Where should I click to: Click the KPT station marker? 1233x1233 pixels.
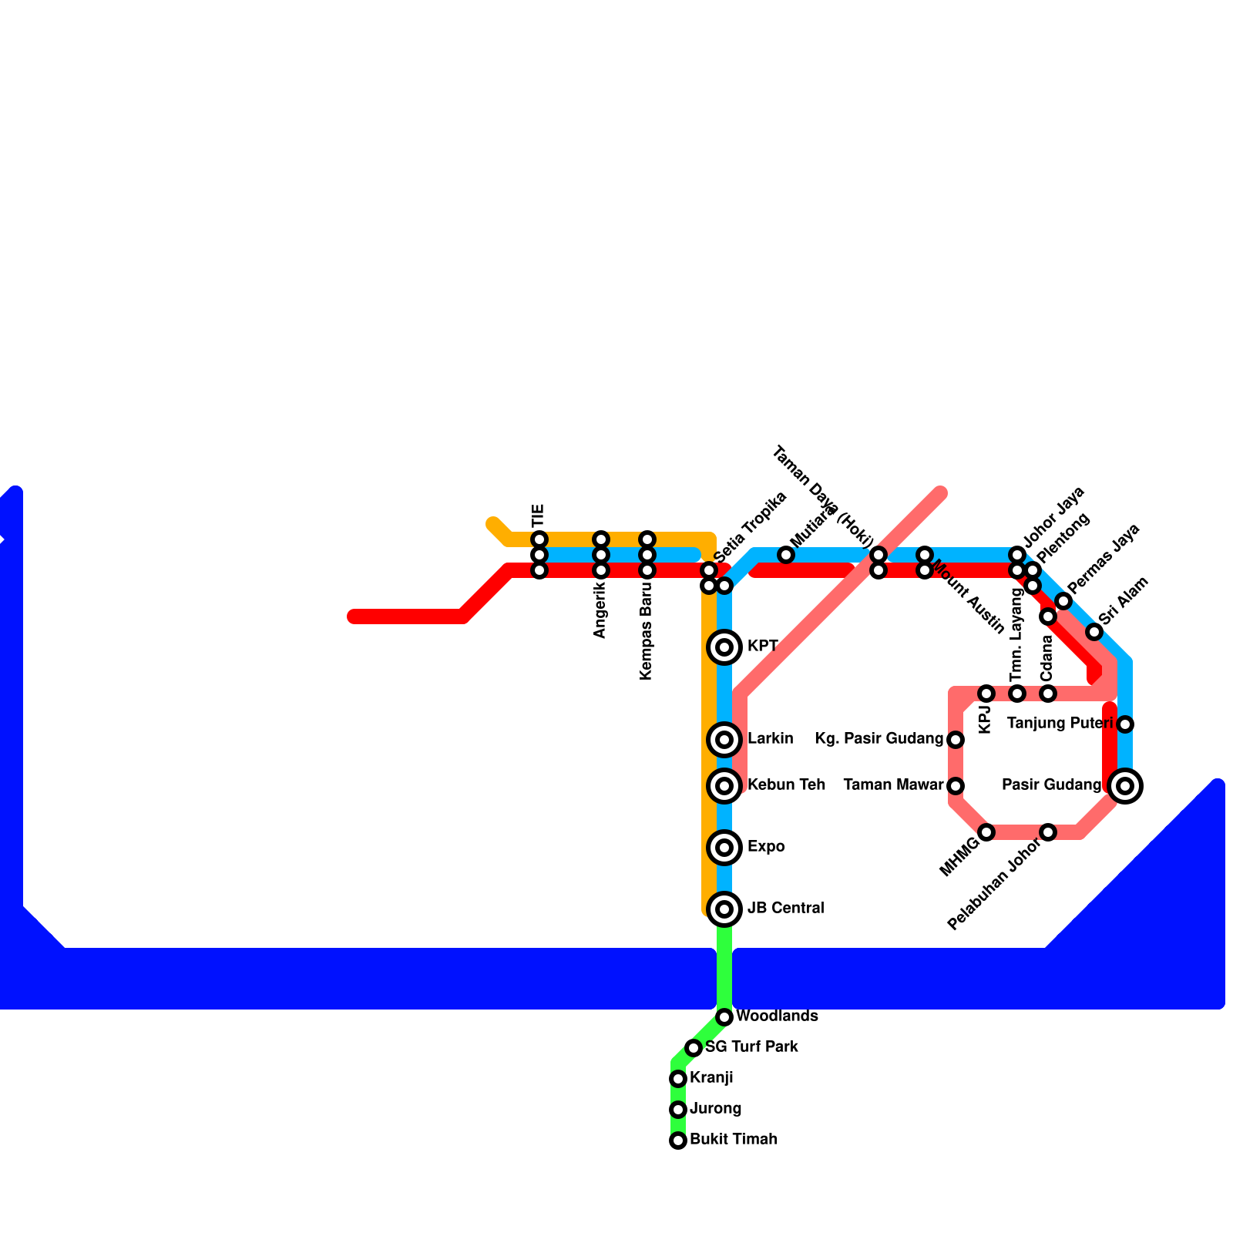pyautogui.click(x=724, y=647)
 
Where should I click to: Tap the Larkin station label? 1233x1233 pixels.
pyautogui.click(x=770, y=739)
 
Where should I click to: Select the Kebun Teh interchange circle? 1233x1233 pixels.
pyautogui.click(x=724, y=786)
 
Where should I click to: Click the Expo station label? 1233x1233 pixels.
pyautogui.click(x=766, y=847)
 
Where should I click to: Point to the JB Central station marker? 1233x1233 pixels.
pyautogui.click(x=724, y=909)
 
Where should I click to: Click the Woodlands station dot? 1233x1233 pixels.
pyautogui.click(x=724, y=1017)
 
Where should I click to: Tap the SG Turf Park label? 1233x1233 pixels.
pyautogui.click(x=751, y=1047)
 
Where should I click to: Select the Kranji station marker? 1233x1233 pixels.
pyautogui.click(x=678, y=1079)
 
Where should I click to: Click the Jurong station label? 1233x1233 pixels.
pyautogui.click(x=715, y=1109)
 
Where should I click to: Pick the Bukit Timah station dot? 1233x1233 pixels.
pyautogui.click(x=678, y=1141)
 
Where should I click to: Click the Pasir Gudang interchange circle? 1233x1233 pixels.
pyautogui.click(x=1125, y=786)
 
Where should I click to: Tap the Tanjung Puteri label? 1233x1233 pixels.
pyautogui.click(x=1060, y=724)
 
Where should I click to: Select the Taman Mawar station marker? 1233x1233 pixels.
pyautogui.click(x=956, y=786)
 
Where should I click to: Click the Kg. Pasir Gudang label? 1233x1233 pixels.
pyautogui.click(x=879, y=739)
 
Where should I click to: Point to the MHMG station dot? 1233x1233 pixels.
pyautogui.click(x=986, y=832)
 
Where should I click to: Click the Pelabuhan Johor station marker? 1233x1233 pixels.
pyautogui.click(x=1048, y=832)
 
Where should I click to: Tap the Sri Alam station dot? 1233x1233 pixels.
pyautogui.click(x=1094, y=632)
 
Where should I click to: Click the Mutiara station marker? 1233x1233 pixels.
pyautogui.click(x=786, y=555)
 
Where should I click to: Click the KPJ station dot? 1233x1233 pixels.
pyautogui.click(x=986, y=694)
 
